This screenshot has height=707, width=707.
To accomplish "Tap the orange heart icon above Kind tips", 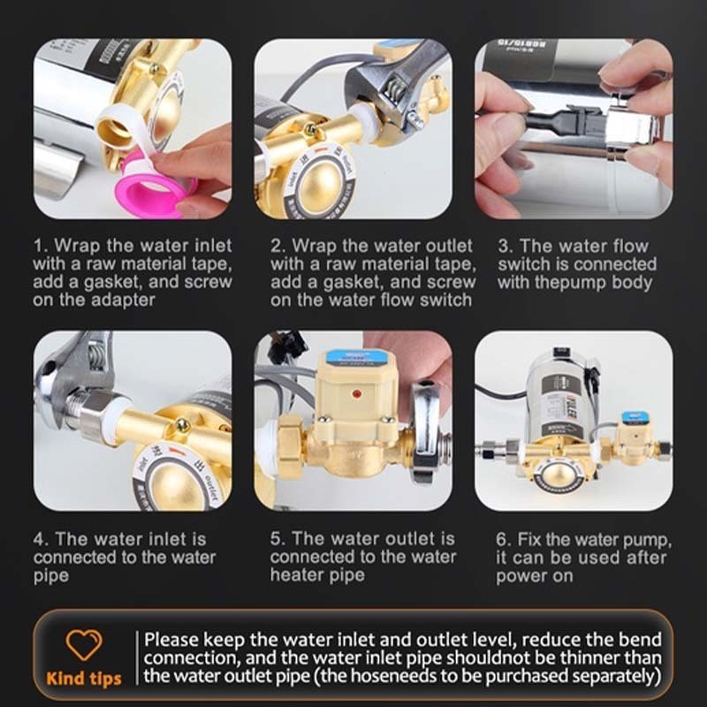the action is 84,644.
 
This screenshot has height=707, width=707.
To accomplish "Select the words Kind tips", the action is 84,679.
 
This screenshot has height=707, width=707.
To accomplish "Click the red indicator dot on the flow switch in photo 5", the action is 357,394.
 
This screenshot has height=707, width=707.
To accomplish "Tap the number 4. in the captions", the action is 42,539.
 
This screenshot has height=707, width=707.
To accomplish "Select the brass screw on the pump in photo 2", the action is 311,130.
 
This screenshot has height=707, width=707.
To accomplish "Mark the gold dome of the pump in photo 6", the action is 558,475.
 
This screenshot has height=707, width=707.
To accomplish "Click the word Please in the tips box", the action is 171,640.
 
